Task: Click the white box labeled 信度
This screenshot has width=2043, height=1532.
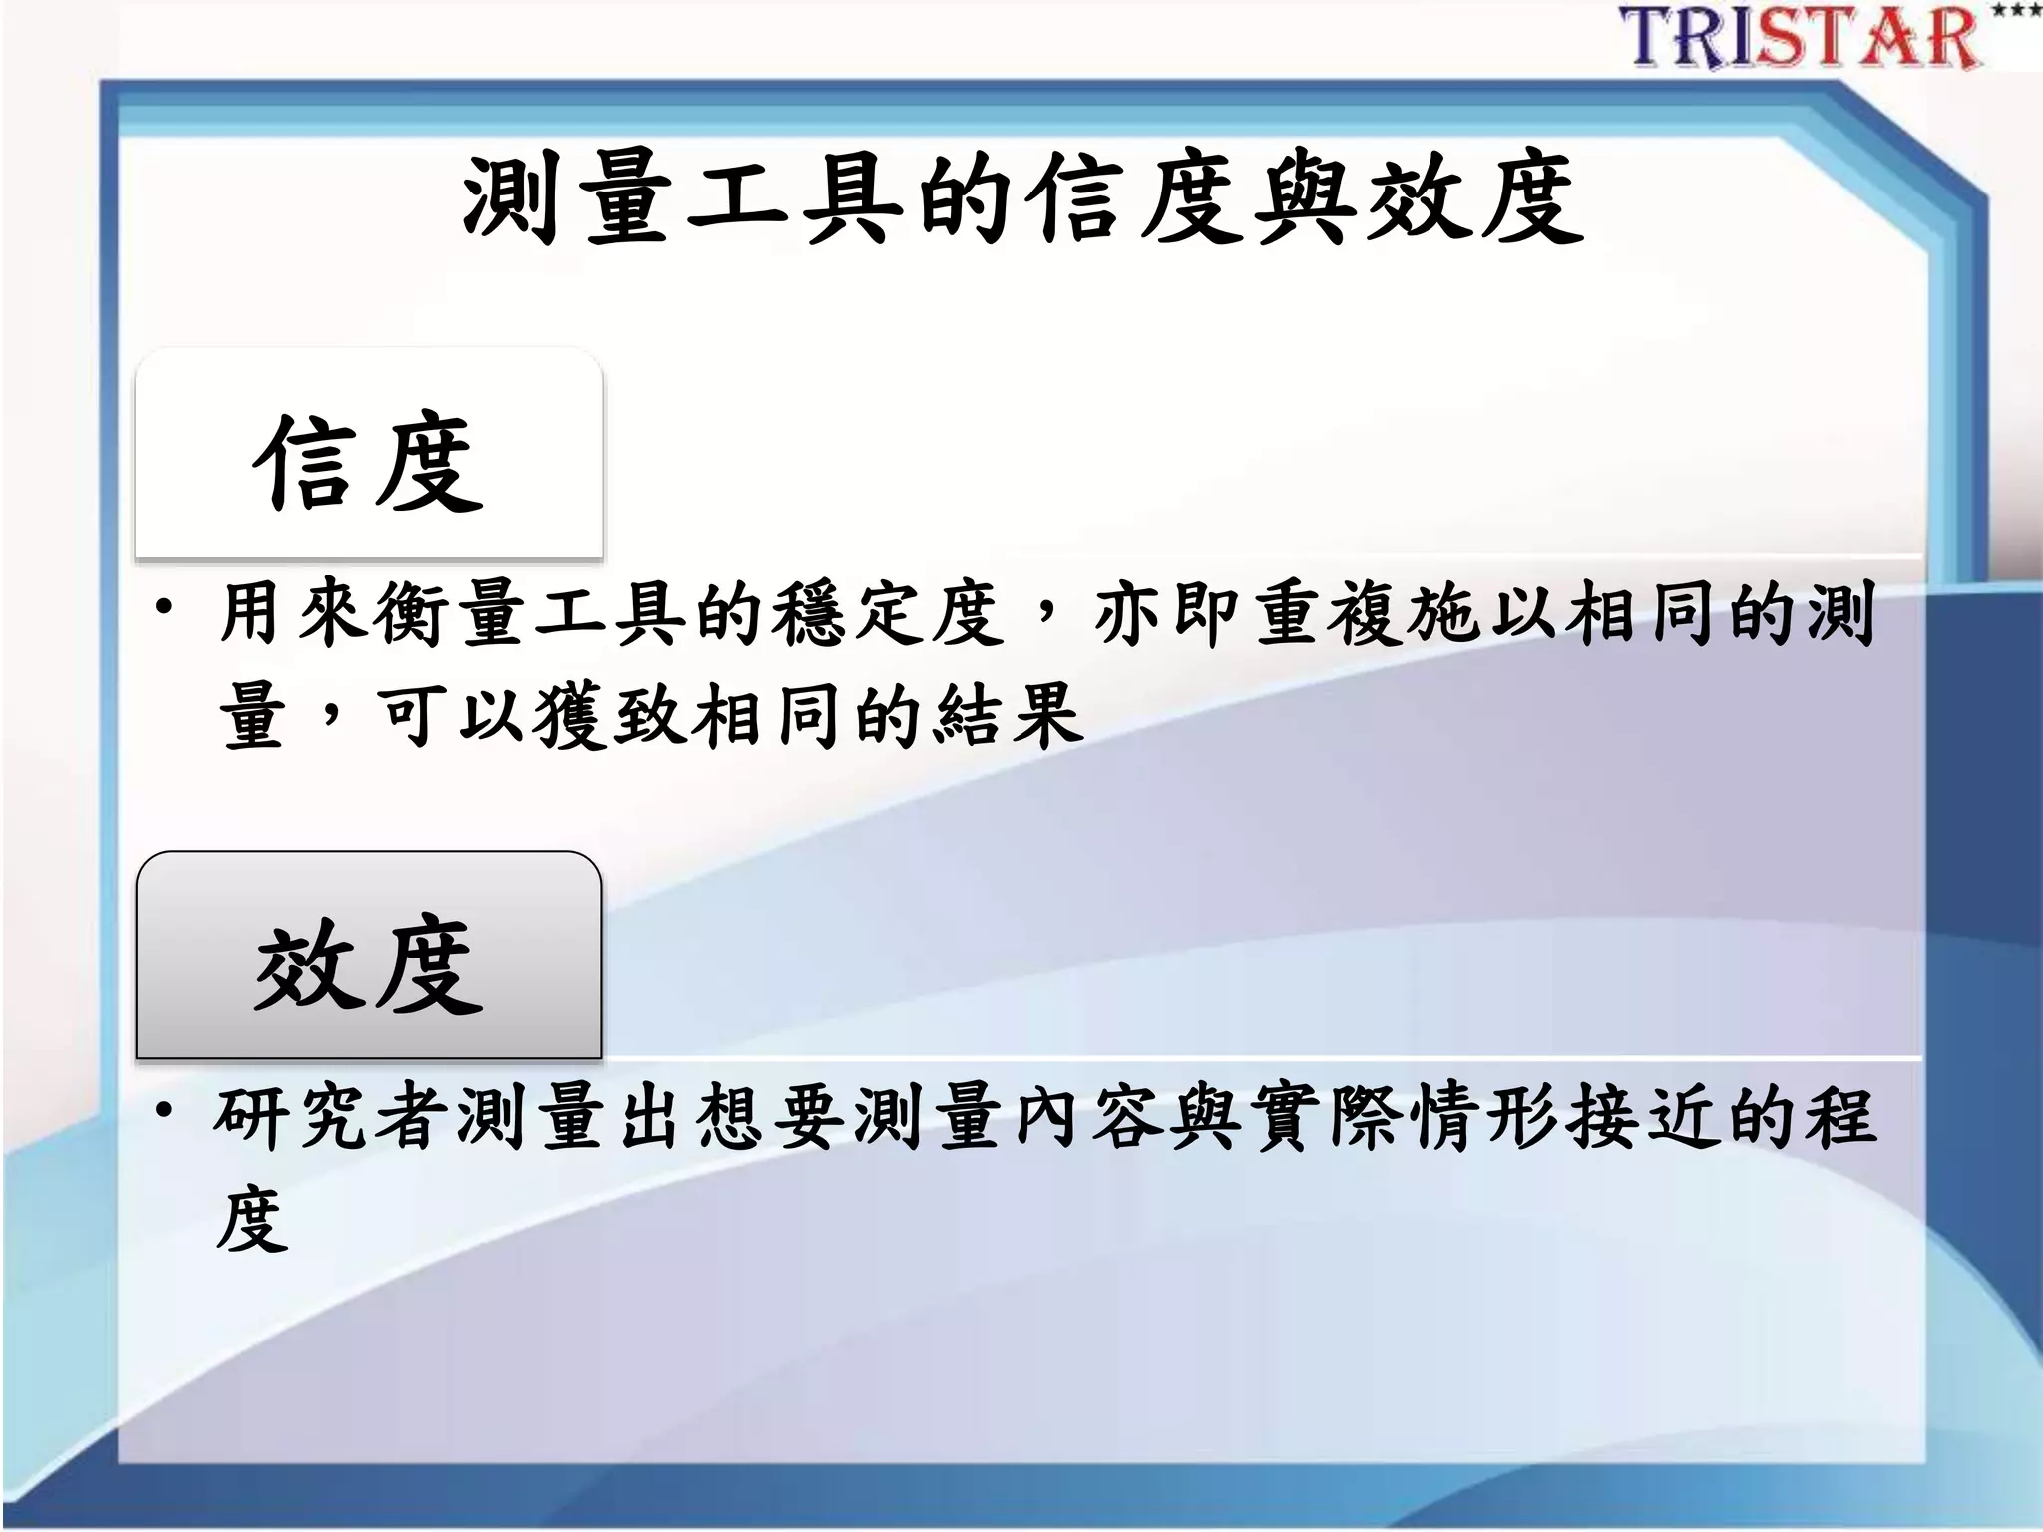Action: click(368, 454)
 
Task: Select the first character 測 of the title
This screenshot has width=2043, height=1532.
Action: click(510, 200)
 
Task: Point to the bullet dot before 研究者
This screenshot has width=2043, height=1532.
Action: click(164, 1108)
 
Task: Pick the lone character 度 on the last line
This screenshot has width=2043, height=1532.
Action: click(251, 1219)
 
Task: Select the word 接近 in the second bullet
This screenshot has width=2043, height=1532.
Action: click(1646, 1116)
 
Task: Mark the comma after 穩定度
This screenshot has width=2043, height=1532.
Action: click(1046, 608)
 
